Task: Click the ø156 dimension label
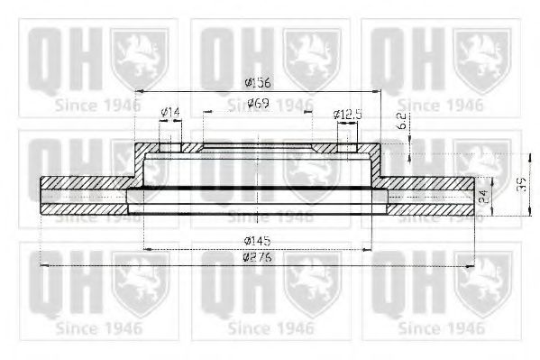click(257, 84)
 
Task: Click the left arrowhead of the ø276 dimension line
click(44, 266)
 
